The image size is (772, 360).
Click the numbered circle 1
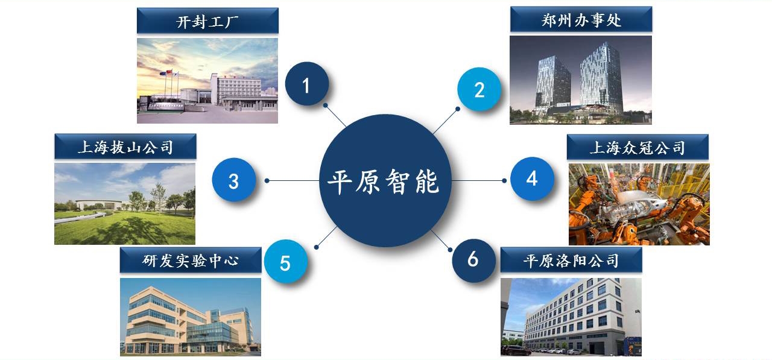(307, 84)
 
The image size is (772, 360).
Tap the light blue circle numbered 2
(479, 89)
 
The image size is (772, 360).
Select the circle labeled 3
(233, 180)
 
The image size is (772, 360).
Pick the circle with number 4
(532, 179)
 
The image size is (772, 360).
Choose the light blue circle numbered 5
(286, 262)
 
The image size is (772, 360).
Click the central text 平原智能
(383, 182)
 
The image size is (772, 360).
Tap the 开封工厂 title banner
(207, 21)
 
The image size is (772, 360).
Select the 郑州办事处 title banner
(581, 19)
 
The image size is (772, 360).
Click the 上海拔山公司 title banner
(125, 147)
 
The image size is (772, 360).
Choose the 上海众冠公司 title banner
(638, 147)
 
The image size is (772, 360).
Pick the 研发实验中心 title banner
(191, 260)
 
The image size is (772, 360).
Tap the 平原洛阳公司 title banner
(571, 260)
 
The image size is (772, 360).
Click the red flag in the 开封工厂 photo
(169, 72)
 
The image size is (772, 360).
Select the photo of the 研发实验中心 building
(191, 317)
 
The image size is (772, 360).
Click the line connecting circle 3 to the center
(293, 180)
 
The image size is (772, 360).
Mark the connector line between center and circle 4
(478, 180)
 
